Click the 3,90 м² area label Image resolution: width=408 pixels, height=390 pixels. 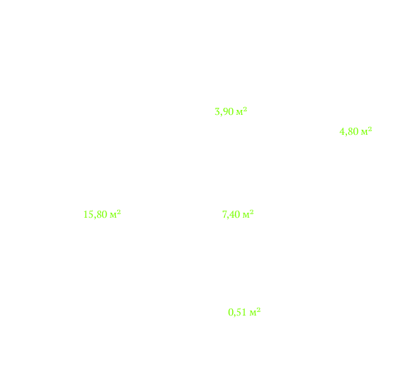click(231, 111)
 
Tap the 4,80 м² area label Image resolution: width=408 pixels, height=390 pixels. click(355, 131)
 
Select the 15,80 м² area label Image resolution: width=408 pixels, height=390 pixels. click(102, 214)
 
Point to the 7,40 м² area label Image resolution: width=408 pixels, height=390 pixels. click(238, 214)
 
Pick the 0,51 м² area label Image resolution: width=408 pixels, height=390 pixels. click(244, 312)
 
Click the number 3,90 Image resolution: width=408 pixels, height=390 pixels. click(224, 112)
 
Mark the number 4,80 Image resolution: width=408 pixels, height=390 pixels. click(349, 132)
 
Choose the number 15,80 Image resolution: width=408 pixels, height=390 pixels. click(95, 214)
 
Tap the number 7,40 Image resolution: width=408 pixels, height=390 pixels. click(231, 214)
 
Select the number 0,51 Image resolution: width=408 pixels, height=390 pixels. click(238, 312)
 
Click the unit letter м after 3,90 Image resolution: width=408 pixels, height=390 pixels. click(240, 113)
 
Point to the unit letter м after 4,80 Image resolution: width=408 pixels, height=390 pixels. click(365, 133)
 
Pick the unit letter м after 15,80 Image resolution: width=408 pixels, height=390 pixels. click(114, 216)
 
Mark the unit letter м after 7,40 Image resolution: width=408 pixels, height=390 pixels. click(246, 216)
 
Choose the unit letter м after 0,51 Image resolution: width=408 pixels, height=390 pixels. click(253, 313)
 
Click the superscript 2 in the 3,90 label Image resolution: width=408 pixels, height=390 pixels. click(245, 109)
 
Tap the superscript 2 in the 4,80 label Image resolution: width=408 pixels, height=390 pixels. click(370, 129)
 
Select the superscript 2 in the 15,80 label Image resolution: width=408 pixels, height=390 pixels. click(119, 212)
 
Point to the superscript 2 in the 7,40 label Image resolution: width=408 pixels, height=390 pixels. click(252, 212)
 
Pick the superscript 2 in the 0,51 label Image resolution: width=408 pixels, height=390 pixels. click(259, 310)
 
